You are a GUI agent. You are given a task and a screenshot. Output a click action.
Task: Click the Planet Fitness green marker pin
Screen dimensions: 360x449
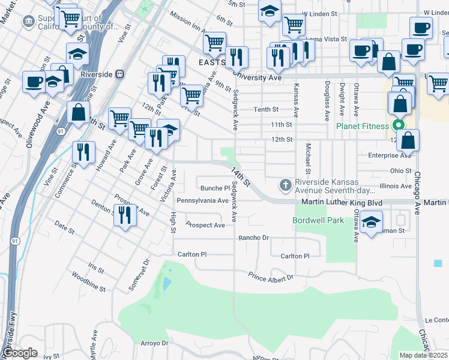pyautogui.click(x=397, y=126)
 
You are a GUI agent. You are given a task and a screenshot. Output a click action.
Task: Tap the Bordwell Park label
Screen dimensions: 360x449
pyautogui.click(x=318, y=220)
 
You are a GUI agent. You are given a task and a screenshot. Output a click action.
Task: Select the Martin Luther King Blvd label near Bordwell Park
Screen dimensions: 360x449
pyautogui.click(x=342, y=203)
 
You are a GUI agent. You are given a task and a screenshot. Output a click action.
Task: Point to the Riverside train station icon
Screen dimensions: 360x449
pyautogui.click(x=120, y=74)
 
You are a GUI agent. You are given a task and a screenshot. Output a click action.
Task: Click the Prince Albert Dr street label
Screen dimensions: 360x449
pyautogui.click(x=271, y=277)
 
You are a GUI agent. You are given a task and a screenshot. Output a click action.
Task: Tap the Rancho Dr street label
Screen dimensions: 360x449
pyautogui.click(x=253, y=238)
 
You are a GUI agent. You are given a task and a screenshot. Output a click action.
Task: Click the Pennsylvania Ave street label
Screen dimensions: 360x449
pyautogui.click(x=202, y=200)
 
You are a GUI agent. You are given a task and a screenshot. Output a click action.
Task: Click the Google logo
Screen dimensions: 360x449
pyautogui.click(x=20, y=353)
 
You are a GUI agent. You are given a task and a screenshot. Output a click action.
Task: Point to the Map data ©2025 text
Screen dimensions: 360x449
pyautogui.click(x=424, y=355)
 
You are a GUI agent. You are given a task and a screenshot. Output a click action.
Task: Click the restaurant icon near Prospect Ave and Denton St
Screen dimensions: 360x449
pyautogui.click(x=125, y=215)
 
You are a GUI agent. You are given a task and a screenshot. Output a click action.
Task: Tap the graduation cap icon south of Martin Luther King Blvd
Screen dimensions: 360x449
pyautogui.click(x=372, y=223)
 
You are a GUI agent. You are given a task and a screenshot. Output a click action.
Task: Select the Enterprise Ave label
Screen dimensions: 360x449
pyautogui.click(x=390, y=155)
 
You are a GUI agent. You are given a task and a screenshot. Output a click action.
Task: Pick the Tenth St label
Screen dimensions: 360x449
pyautogui.click(x=266, y=109)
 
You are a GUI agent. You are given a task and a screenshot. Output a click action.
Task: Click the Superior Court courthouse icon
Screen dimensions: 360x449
pyautogui.click(x=28, y=22)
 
